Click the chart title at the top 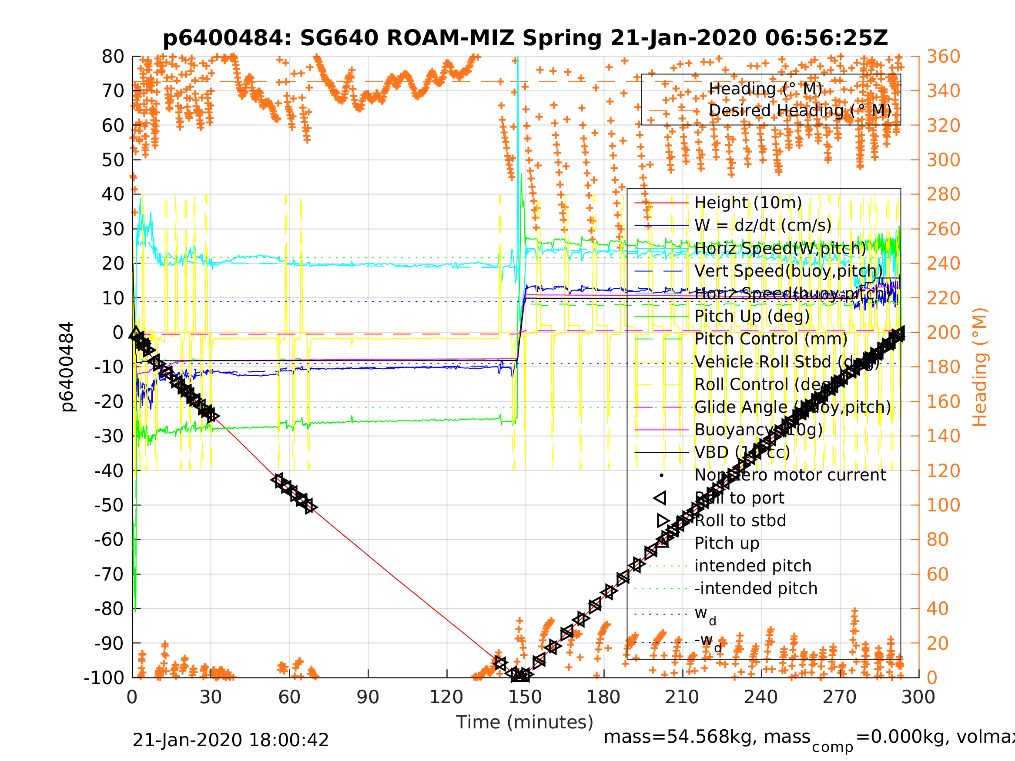point(526,38)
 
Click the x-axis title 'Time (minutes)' point(525,722)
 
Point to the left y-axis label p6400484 point(67,367)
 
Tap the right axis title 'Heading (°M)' point(980,367)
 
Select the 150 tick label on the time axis point(525,698)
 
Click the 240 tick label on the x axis point(761,698)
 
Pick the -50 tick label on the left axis point(109,505)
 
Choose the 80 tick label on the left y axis point(113,57)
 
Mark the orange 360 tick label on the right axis point(943,57)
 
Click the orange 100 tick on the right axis point(943,505)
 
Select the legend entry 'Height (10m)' point(748,203)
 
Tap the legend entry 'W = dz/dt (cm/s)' point(763,226)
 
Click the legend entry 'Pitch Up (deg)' point(752,317)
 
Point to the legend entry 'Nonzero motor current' point(790,475)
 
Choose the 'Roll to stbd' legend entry point(740,521)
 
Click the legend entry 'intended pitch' point(753,566)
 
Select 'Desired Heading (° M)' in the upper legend point(800,110)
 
